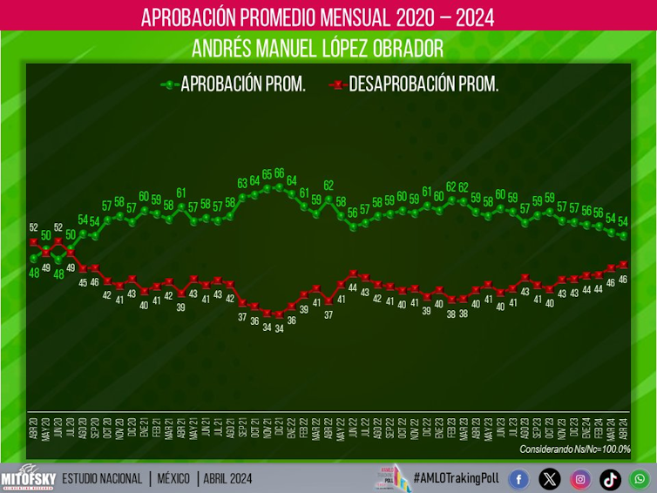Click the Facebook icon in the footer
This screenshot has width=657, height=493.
518,479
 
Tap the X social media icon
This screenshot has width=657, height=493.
550,479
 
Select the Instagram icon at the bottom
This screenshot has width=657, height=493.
580,479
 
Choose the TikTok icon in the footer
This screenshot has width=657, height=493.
611,479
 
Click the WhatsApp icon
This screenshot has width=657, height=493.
640,479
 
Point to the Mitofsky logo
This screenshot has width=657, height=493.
27,477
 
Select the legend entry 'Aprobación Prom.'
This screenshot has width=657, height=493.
233,84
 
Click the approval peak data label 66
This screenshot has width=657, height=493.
280,173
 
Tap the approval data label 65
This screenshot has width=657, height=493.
268,174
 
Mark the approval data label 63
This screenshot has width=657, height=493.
243,183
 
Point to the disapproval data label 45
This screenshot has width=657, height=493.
83,281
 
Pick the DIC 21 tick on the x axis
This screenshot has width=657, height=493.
280,426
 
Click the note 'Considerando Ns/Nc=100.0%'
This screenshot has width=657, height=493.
574,449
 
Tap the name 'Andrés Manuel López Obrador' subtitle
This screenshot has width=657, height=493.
317,47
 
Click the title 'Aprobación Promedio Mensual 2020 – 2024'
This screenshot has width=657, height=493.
317,17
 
